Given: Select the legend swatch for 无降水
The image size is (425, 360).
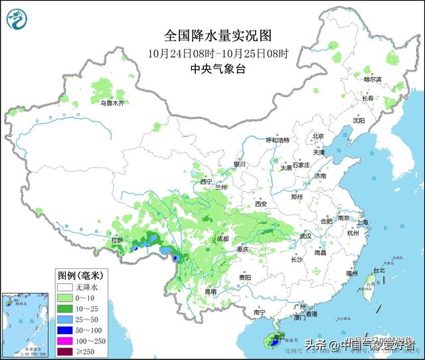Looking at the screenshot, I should (64, 288).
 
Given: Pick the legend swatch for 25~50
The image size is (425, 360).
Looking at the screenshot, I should (64, 319).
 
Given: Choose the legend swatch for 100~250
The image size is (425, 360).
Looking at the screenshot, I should (64, 341).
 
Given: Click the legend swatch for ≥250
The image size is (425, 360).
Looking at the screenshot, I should (64, 351).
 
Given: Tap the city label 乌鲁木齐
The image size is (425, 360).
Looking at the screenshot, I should (112, 103).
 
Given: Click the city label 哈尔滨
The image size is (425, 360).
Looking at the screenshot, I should (373, 79).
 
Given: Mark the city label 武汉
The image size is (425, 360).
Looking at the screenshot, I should (305, 236).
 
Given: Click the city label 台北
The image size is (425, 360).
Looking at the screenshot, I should (379, 270).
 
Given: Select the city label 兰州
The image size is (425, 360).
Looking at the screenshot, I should (220, 188).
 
